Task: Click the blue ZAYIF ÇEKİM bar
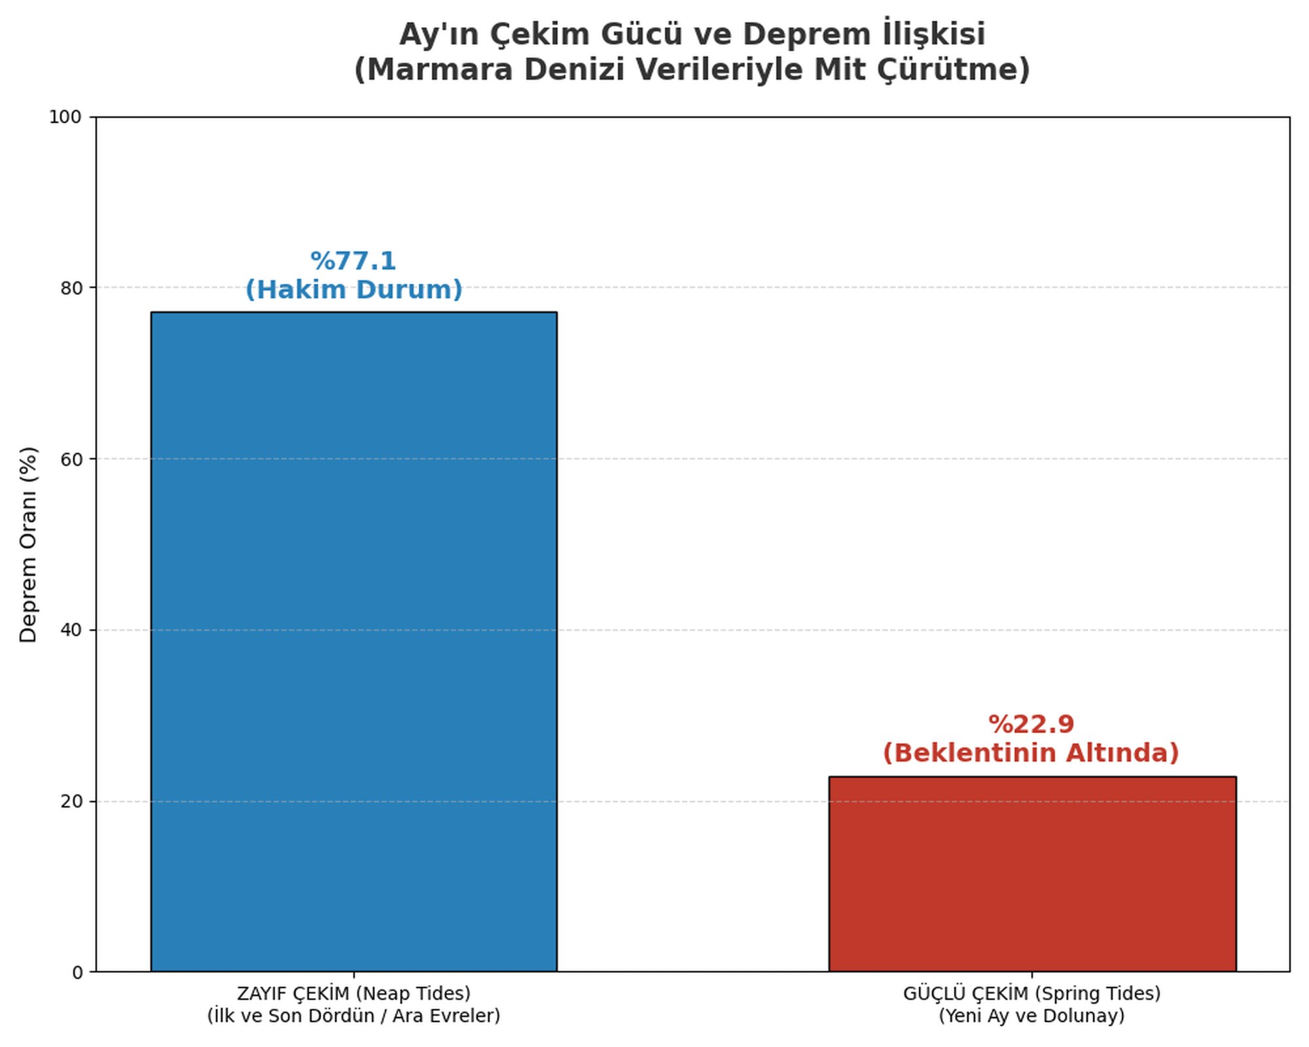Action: (x=353, y=641)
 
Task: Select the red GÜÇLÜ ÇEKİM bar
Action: (x=1032, y=874)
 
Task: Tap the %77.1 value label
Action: (x=353, y=261)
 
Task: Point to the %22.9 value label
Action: (x=1031, y=724)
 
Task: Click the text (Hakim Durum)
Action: (x=354, y=290)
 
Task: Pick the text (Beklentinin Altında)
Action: (x=1031, y=753)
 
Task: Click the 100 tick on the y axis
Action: (x=65, y=117)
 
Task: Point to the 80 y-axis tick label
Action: (x=71, y=288)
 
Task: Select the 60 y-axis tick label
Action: (x=71, y=459)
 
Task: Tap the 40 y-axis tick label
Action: (x=71, y=630)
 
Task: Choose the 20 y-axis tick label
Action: (x=71, y=802)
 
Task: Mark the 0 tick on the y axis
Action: (x=77, y=973)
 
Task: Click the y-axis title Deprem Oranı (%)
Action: (x=29, y=544)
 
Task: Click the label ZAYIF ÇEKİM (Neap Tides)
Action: (x=354, y=993)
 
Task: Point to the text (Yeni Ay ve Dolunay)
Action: (x=1031, y=1016)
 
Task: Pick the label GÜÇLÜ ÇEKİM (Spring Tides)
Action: (x=1031, y=993)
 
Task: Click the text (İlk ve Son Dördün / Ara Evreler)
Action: (x=354, y=1016)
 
